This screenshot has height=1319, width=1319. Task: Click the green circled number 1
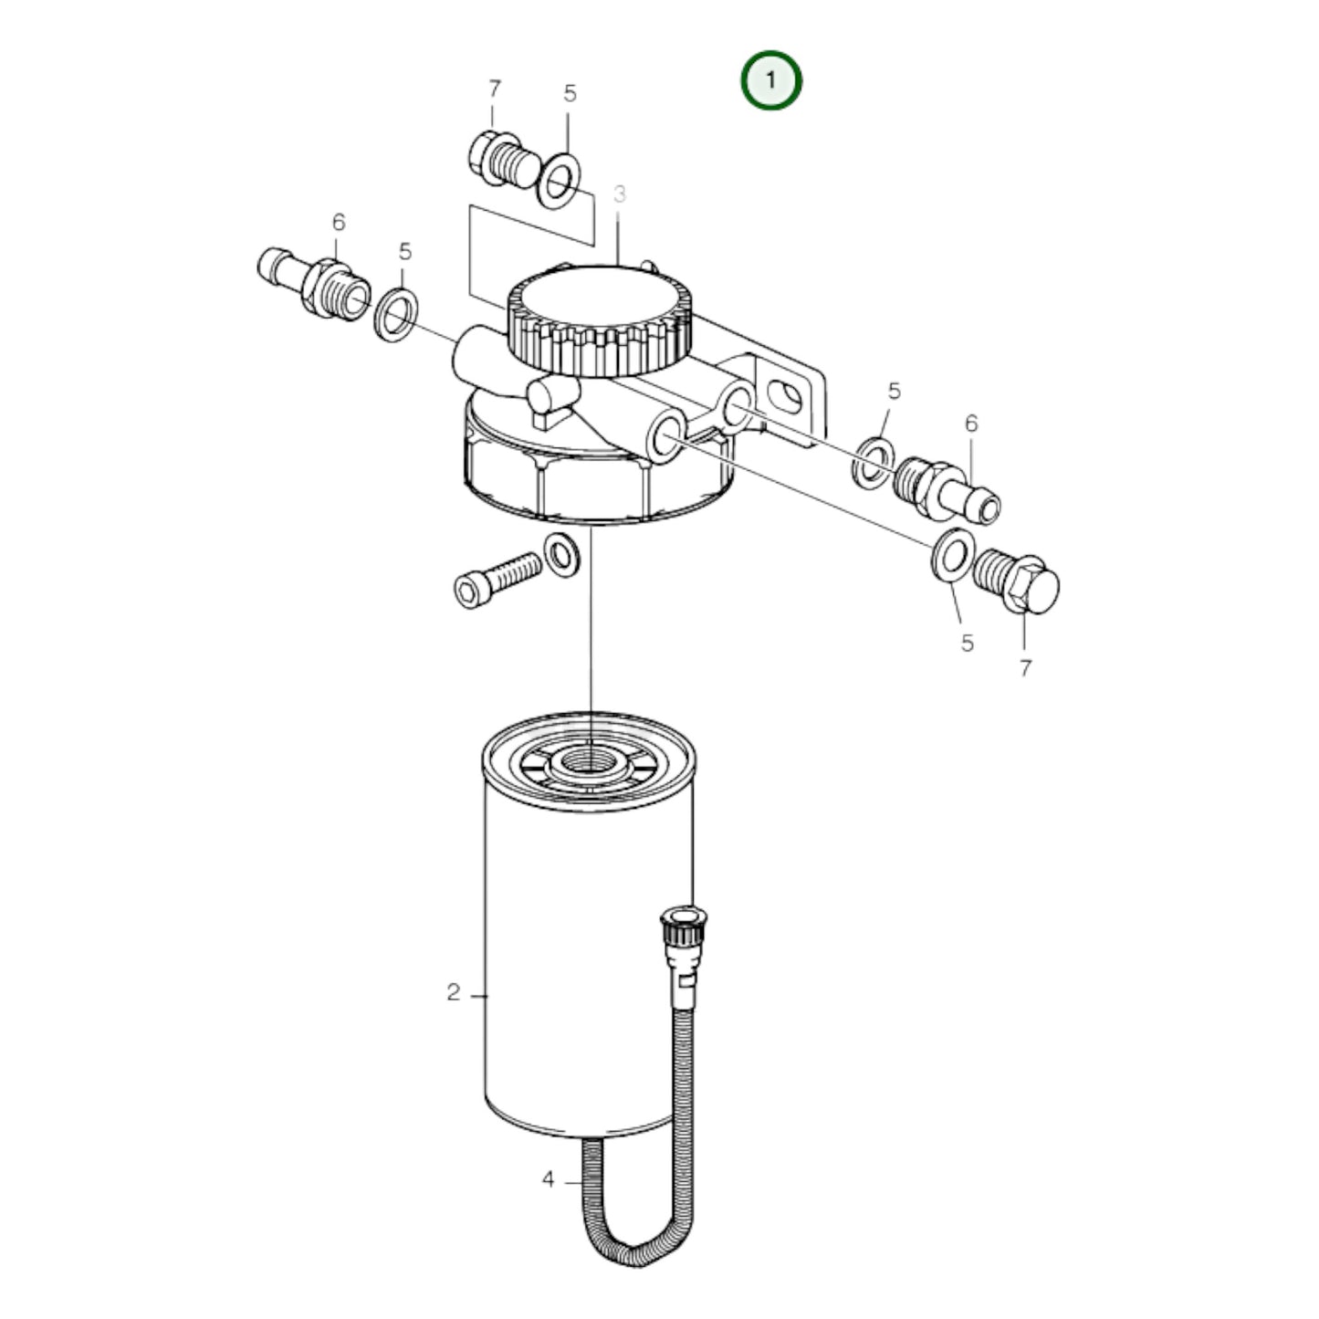(x=770, y=80)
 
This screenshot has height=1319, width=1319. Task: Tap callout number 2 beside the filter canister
(x=454, y=992)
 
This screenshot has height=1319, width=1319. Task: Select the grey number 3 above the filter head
(x=620, y=194)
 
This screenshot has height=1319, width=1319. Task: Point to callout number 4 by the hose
(x=548, y=1179)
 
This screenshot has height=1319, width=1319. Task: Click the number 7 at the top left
(x=494, y=89)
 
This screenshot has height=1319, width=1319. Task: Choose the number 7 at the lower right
(x=1025, y=667)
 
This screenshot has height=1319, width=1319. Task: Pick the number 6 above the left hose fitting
(x=339, y=222)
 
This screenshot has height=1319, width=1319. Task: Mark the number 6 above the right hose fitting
(x=971, y=423)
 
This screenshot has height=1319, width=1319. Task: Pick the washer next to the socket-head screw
(x=561, y=556)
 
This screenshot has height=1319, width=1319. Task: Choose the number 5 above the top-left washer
(x=570, y=93)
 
